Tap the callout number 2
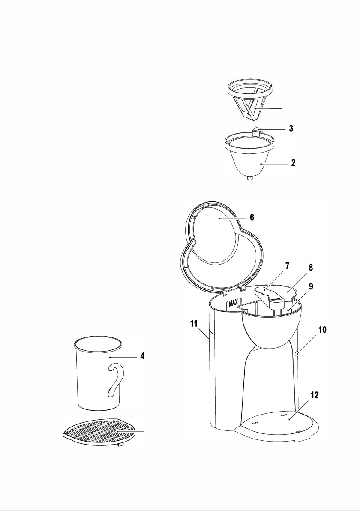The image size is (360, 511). tap(294, 162)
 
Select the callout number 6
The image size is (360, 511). tap(252, 217)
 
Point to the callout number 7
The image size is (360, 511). tap(287, 266)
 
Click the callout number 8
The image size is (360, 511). tap(311, 268)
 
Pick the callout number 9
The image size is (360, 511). tap(311, 286)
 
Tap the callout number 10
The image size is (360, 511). tap(322, 330)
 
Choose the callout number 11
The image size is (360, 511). tap(194, 324)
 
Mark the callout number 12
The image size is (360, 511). tap(314, 395)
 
